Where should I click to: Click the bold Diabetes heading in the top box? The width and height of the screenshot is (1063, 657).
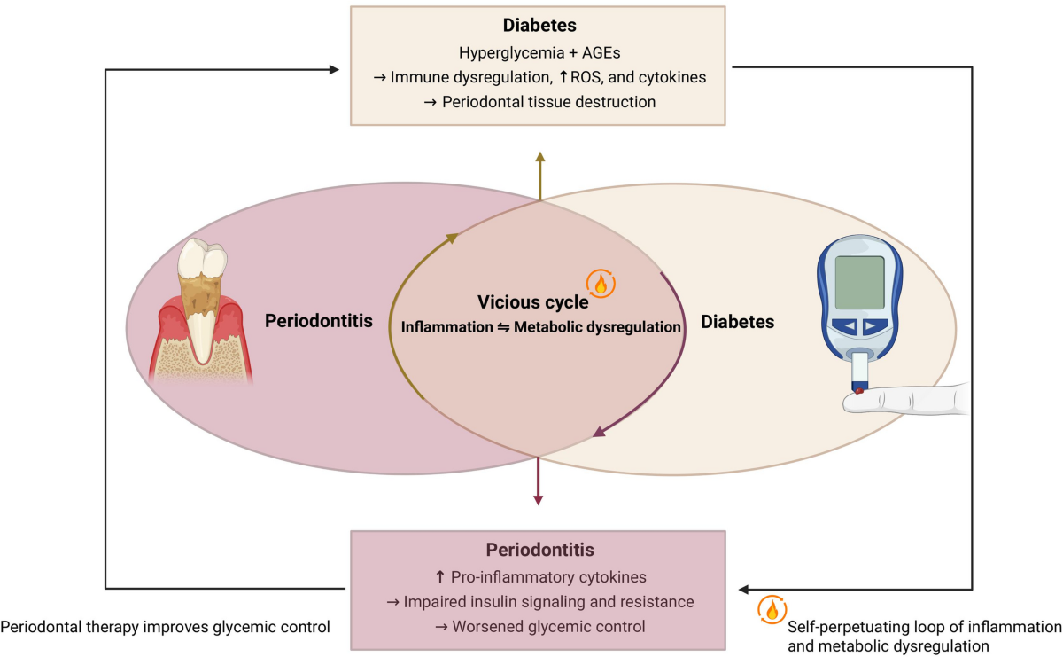click(x=539, y=25)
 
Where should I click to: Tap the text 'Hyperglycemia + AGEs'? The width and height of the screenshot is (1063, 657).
click(x=539, y=52)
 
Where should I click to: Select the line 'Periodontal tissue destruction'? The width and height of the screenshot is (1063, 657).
click(x=549, y=102)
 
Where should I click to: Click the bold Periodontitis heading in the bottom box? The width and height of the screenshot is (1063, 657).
click(x=539, y=550)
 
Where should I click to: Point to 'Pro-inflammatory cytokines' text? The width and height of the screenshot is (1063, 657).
click(x=548, y=576)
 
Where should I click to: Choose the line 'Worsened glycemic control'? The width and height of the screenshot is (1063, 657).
click(x=548, y=626)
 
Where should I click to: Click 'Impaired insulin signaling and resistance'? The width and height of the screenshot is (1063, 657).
click(x=548, y=601)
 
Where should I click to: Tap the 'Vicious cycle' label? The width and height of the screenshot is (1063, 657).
click(x=532, y=302)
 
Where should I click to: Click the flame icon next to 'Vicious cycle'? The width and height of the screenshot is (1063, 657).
click(x=601, y=284)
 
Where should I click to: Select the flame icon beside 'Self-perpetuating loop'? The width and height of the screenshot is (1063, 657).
click(x=772, y=609)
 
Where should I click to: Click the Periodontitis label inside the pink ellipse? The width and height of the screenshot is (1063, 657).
click(x=318, y=321)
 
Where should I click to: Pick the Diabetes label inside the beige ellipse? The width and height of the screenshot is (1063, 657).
click(x=737, y=322)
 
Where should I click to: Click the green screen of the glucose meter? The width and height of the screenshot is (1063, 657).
click(x=859, y=283)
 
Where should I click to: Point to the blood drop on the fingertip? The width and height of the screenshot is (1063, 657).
click(x=859, y=391)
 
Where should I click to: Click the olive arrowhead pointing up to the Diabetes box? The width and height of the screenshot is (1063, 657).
click(x=540, y=157)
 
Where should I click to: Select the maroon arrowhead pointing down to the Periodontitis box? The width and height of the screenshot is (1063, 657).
click(x=539, y=500)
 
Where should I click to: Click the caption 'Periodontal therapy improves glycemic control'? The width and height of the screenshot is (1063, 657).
click(x=165, y=627)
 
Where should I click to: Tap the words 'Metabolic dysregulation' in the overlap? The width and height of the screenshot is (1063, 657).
click(x=597, y=327)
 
